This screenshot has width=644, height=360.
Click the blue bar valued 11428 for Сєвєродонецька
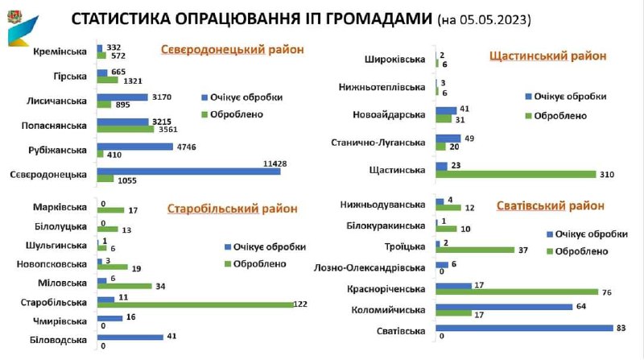188,171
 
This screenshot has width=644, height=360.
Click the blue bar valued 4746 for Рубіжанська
134,147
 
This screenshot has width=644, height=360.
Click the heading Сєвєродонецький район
233,50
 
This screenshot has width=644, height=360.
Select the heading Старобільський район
233,209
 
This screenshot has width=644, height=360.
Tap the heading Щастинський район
547,56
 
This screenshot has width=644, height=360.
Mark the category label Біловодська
60,340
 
